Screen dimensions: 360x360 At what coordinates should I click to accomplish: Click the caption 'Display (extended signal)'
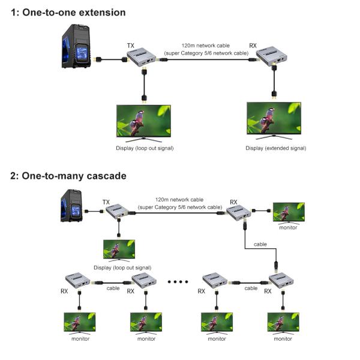[276, 148]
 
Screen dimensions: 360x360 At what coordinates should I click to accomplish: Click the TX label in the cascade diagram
[106, 202]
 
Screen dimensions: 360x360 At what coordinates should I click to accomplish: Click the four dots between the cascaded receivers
[180, 280]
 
